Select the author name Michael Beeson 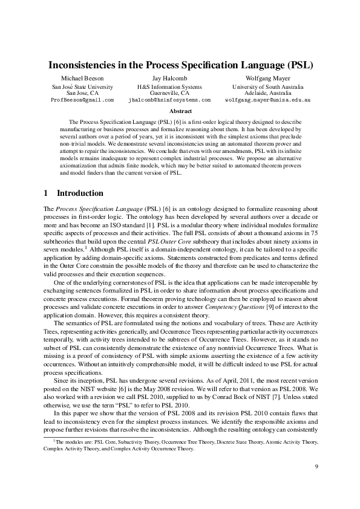click(83, 79)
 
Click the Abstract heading click(180, 111)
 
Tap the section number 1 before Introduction click(46, 193)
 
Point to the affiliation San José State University click(83, 87)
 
